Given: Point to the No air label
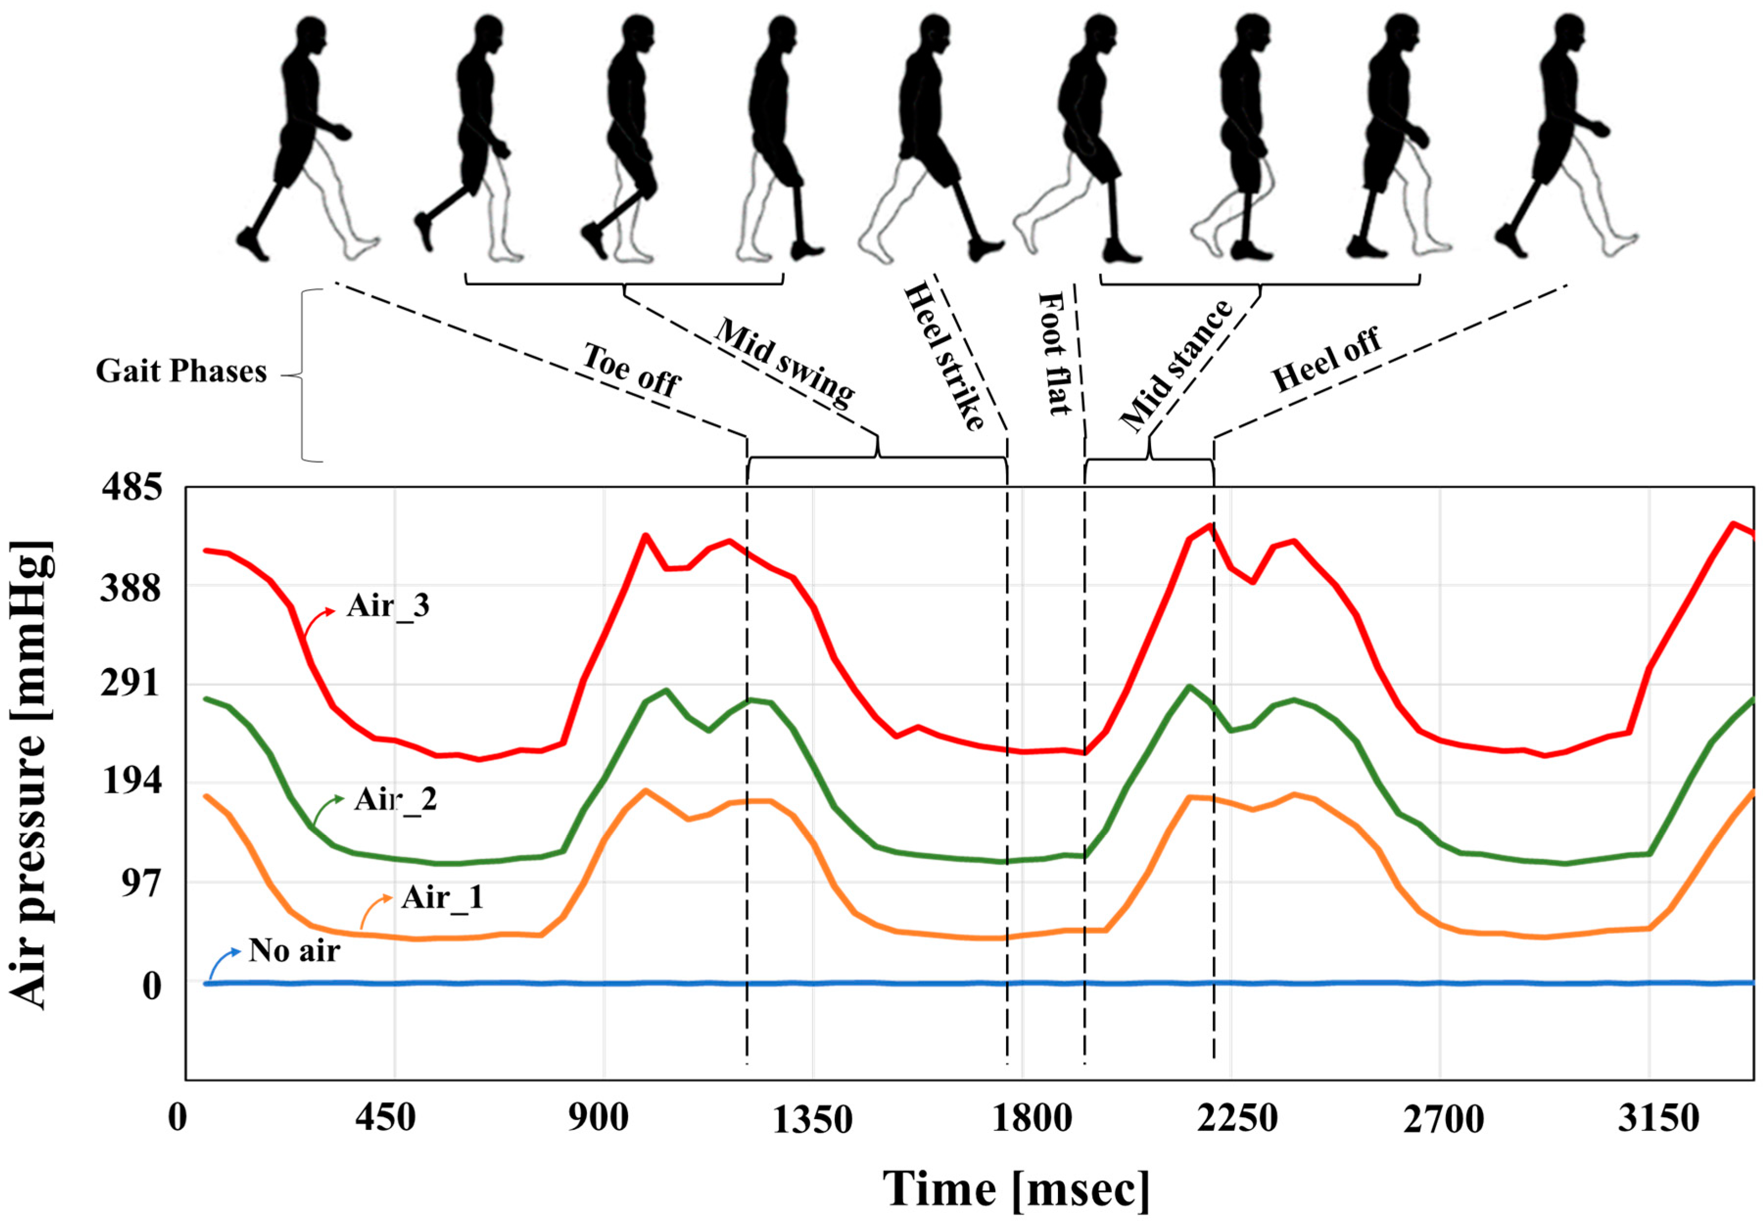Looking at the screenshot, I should pyautogui.click(x=294, y=951).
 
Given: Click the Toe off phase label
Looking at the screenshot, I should pyautogui.click(x=631, y=370).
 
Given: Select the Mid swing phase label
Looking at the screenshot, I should pyautogui.click(x=784, y=360).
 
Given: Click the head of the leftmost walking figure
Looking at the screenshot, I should pyautogui.click(x=310, y=34).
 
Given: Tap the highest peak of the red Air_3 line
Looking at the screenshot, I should pyautogui.click(x=1210, y=526).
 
